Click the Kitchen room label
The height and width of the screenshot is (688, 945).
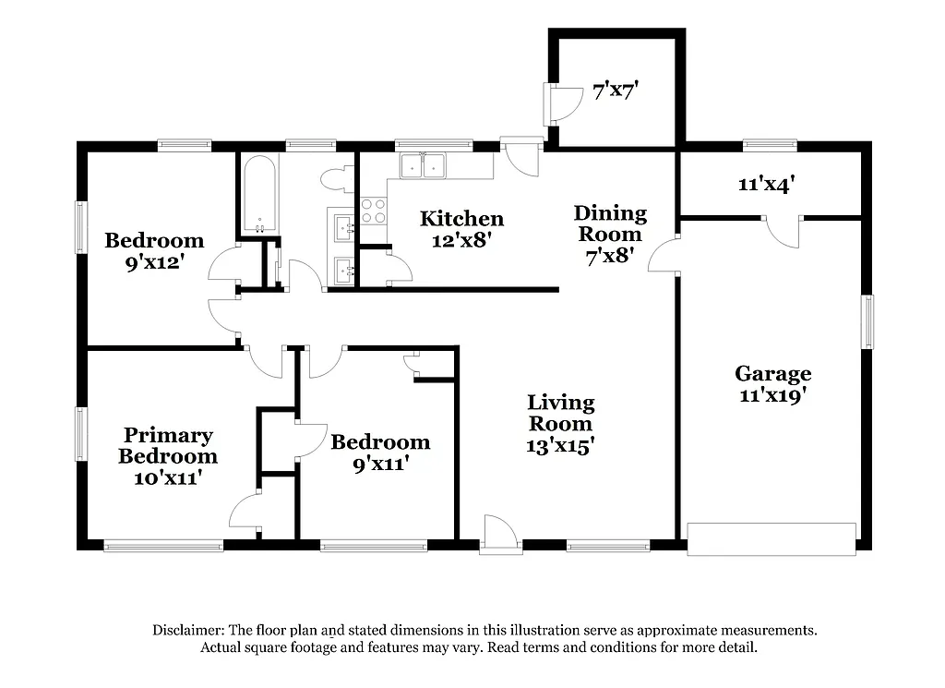pyautogui.click(x=461, y=219)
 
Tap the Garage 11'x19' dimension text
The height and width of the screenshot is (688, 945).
pyautogui.click(x=772, y=396)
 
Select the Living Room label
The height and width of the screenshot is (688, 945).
pyautogui.click(x=560, y=413)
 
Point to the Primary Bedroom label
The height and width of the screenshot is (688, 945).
pyautogui.click(x=168, y=446)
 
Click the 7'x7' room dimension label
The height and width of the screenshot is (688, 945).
pyautogui.click(x=616, y=91)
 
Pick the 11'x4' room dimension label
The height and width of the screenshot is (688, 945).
pyautogui.click(x=767, y=184)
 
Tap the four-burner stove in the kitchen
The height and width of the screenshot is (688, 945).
pyautogui.click(x=372, y=211)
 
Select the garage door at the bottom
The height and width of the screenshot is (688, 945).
pyautogui.click(x=772, y=538)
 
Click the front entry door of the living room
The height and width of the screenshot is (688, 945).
pyautogui.click(x=499, y=535)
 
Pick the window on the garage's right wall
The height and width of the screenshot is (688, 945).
pyautogui.click(x=867, y=321)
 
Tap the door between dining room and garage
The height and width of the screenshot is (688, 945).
pyautogui.click(x=664, y=255)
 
